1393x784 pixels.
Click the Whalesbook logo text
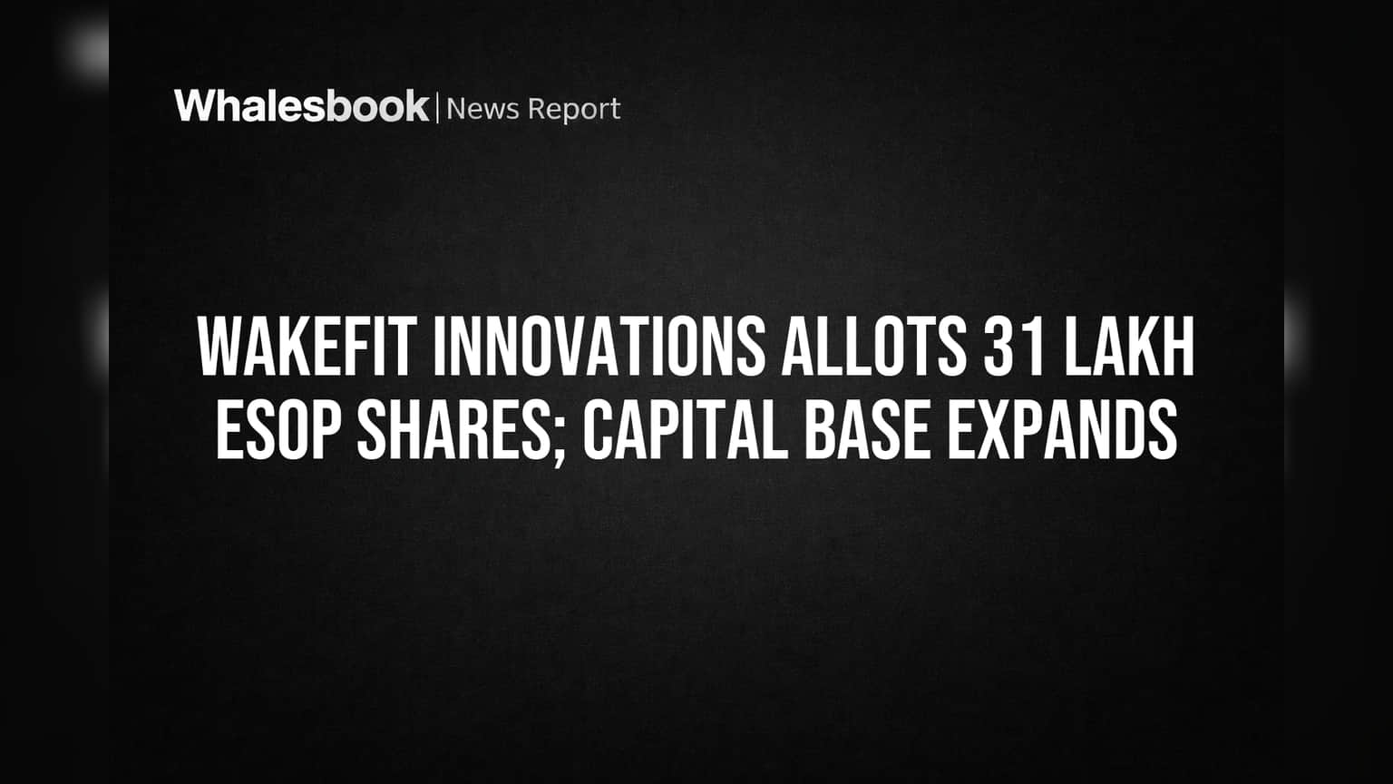(302, 106)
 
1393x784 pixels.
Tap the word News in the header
(482, 109)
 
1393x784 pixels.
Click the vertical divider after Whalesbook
(438, 108)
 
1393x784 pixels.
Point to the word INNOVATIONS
(599, 346)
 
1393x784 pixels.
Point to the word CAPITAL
(684, 429)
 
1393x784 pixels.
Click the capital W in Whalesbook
(195, 106)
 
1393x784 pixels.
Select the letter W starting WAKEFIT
(219, 346)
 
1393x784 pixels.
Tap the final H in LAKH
(1178, 346)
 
